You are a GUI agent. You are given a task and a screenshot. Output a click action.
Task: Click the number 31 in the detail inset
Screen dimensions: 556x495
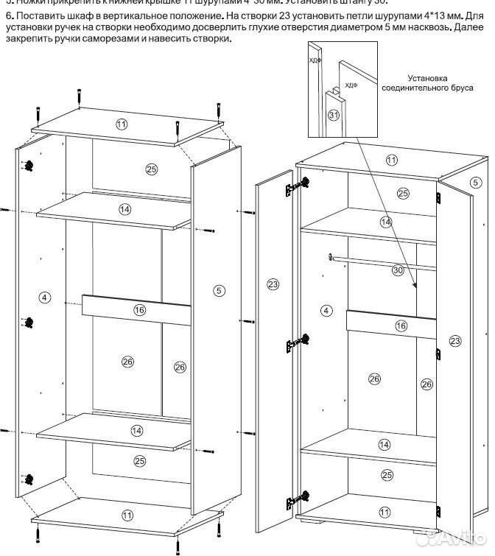point(334,115)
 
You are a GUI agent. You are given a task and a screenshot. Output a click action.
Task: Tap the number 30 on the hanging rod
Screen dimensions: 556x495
point(398,270)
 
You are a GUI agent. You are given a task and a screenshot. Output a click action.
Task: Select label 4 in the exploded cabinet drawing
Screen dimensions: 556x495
point(44,297)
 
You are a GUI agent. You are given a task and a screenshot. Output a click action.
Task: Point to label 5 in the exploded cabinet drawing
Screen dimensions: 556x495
point(219,290)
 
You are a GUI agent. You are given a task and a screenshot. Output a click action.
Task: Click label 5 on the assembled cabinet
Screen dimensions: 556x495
point(475,182)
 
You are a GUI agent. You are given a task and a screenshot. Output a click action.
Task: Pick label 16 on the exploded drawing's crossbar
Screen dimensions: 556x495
point(139,310)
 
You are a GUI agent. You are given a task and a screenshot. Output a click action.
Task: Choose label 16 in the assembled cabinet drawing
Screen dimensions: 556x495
point(401,325)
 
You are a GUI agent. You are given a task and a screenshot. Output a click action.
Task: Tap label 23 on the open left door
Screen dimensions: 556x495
point(273,284)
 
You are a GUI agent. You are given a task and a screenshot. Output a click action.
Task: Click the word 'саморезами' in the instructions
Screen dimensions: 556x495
point(122,39)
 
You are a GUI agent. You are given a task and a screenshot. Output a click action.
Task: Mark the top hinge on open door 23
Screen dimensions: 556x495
point(296,186)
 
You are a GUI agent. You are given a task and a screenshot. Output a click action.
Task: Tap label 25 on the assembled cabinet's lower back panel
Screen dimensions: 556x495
point(387,475)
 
